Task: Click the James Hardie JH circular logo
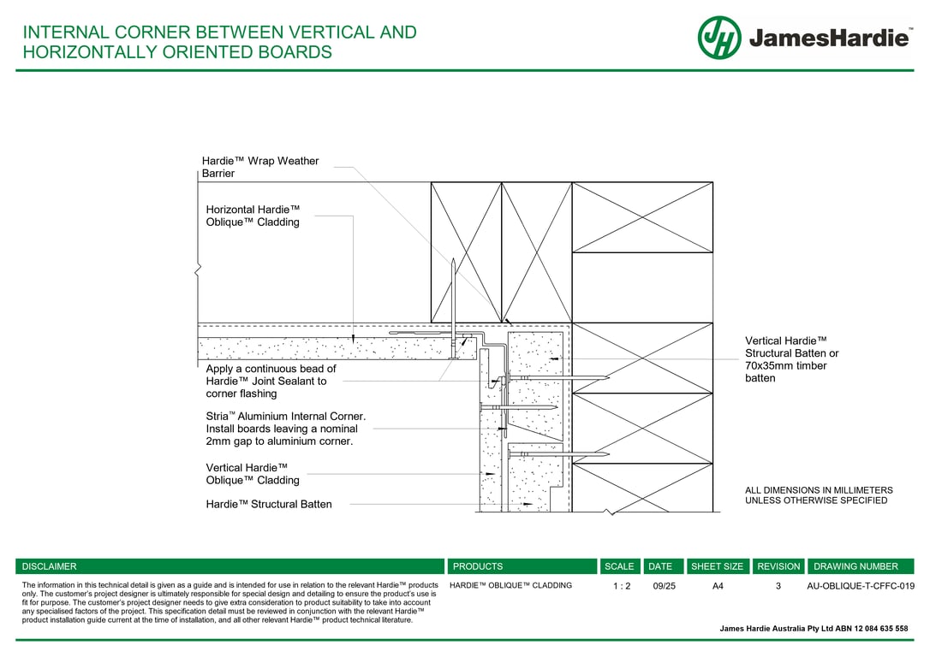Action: (719, 38)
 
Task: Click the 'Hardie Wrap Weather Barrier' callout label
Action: (259, 167)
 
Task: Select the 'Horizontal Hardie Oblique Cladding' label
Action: (253, 216)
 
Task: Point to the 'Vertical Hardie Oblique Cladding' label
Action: (253, 474)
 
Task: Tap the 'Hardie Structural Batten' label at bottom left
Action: (269, 504)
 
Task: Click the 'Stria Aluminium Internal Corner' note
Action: (285, 429)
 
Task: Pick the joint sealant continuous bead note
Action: (271, 381)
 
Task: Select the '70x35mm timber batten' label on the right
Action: (792, 359)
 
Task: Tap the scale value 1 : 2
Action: (622, 586)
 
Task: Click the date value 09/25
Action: (664, 586)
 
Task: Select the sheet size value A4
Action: (718, 586)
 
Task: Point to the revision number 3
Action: (778, 586)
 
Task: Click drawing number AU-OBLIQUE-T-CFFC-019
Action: (861, 586)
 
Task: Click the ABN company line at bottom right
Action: (814, 629)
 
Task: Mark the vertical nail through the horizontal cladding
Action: (453, 309)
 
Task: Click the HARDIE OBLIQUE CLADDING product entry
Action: (510, 585)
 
